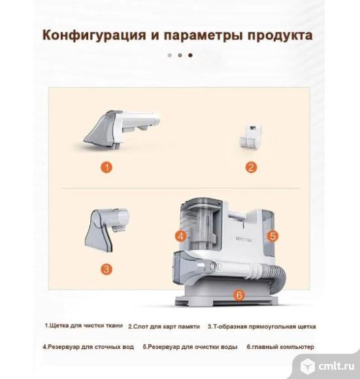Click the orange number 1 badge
[x=106, y=167]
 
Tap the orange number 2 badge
[x=251, y=167]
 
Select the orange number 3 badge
[x=106, y=269]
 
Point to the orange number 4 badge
[x=181, y=236]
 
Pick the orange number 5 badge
[x=273, y=236]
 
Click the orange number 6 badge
[x=239, y=295]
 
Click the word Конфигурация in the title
[x=95, y=35]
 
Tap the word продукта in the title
[x=280, y=35]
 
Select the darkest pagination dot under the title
[x=190, y=56]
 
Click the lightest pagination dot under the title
[x=170, y=56]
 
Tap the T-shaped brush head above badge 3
[x=107, y=229]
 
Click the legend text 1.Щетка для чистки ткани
[x=84, y=325]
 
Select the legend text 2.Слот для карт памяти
[x=164, y=327]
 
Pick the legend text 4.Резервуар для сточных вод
[x=88, y=347]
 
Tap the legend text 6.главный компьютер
[x=280, y=347]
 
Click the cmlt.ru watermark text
[x=336, y=366]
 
